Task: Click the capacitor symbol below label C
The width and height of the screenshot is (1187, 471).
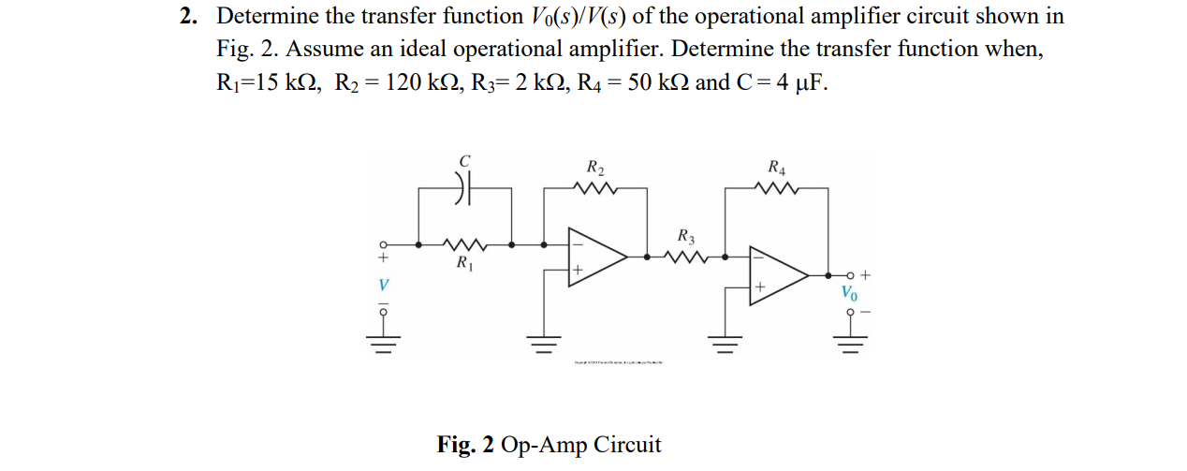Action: click(x=465, y=187)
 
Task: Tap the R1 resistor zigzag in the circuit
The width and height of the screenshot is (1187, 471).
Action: click(x=465, y=245)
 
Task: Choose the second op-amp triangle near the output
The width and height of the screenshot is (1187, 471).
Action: click(x=777, y=274)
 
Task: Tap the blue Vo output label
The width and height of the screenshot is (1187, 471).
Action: click(x=848, y=293)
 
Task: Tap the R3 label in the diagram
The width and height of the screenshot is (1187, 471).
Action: click(x=685, y=235)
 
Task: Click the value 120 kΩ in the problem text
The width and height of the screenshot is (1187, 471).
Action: click(x=418, y=82)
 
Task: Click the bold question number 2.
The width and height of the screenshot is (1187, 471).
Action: click(x=187, y=17)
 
